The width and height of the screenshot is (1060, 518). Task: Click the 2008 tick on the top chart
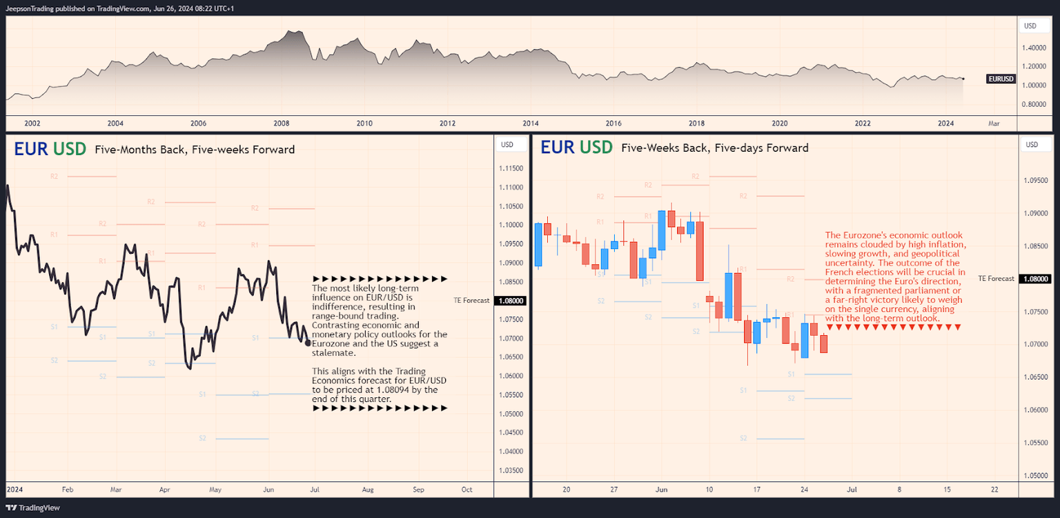(281, 123)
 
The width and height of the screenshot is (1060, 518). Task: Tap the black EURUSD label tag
(1001, 79)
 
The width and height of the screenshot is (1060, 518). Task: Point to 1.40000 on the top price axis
(1033, 48)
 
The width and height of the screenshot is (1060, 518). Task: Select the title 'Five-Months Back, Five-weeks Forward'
(195, 150)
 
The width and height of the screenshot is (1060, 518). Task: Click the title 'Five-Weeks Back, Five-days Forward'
(714, 148)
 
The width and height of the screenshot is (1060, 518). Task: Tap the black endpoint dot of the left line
(307, 342)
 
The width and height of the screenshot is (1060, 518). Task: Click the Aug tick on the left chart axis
(367, 490)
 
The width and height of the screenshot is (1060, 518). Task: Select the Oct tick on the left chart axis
(467, 490)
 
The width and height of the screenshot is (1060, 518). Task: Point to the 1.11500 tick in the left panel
(510, 168)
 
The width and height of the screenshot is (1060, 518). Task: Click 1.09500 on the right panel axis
(1034, 181)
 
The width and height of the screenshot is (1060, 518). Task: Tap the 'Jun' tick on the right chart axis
(661, 490)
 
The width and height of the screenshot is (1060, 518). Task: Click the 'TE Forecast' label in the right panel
(996, 279)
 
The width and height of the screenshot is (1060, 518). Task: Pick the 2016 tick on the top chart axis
(614, 123)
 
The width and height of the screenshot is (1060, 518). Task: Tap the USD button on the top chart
(1030, 26)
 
